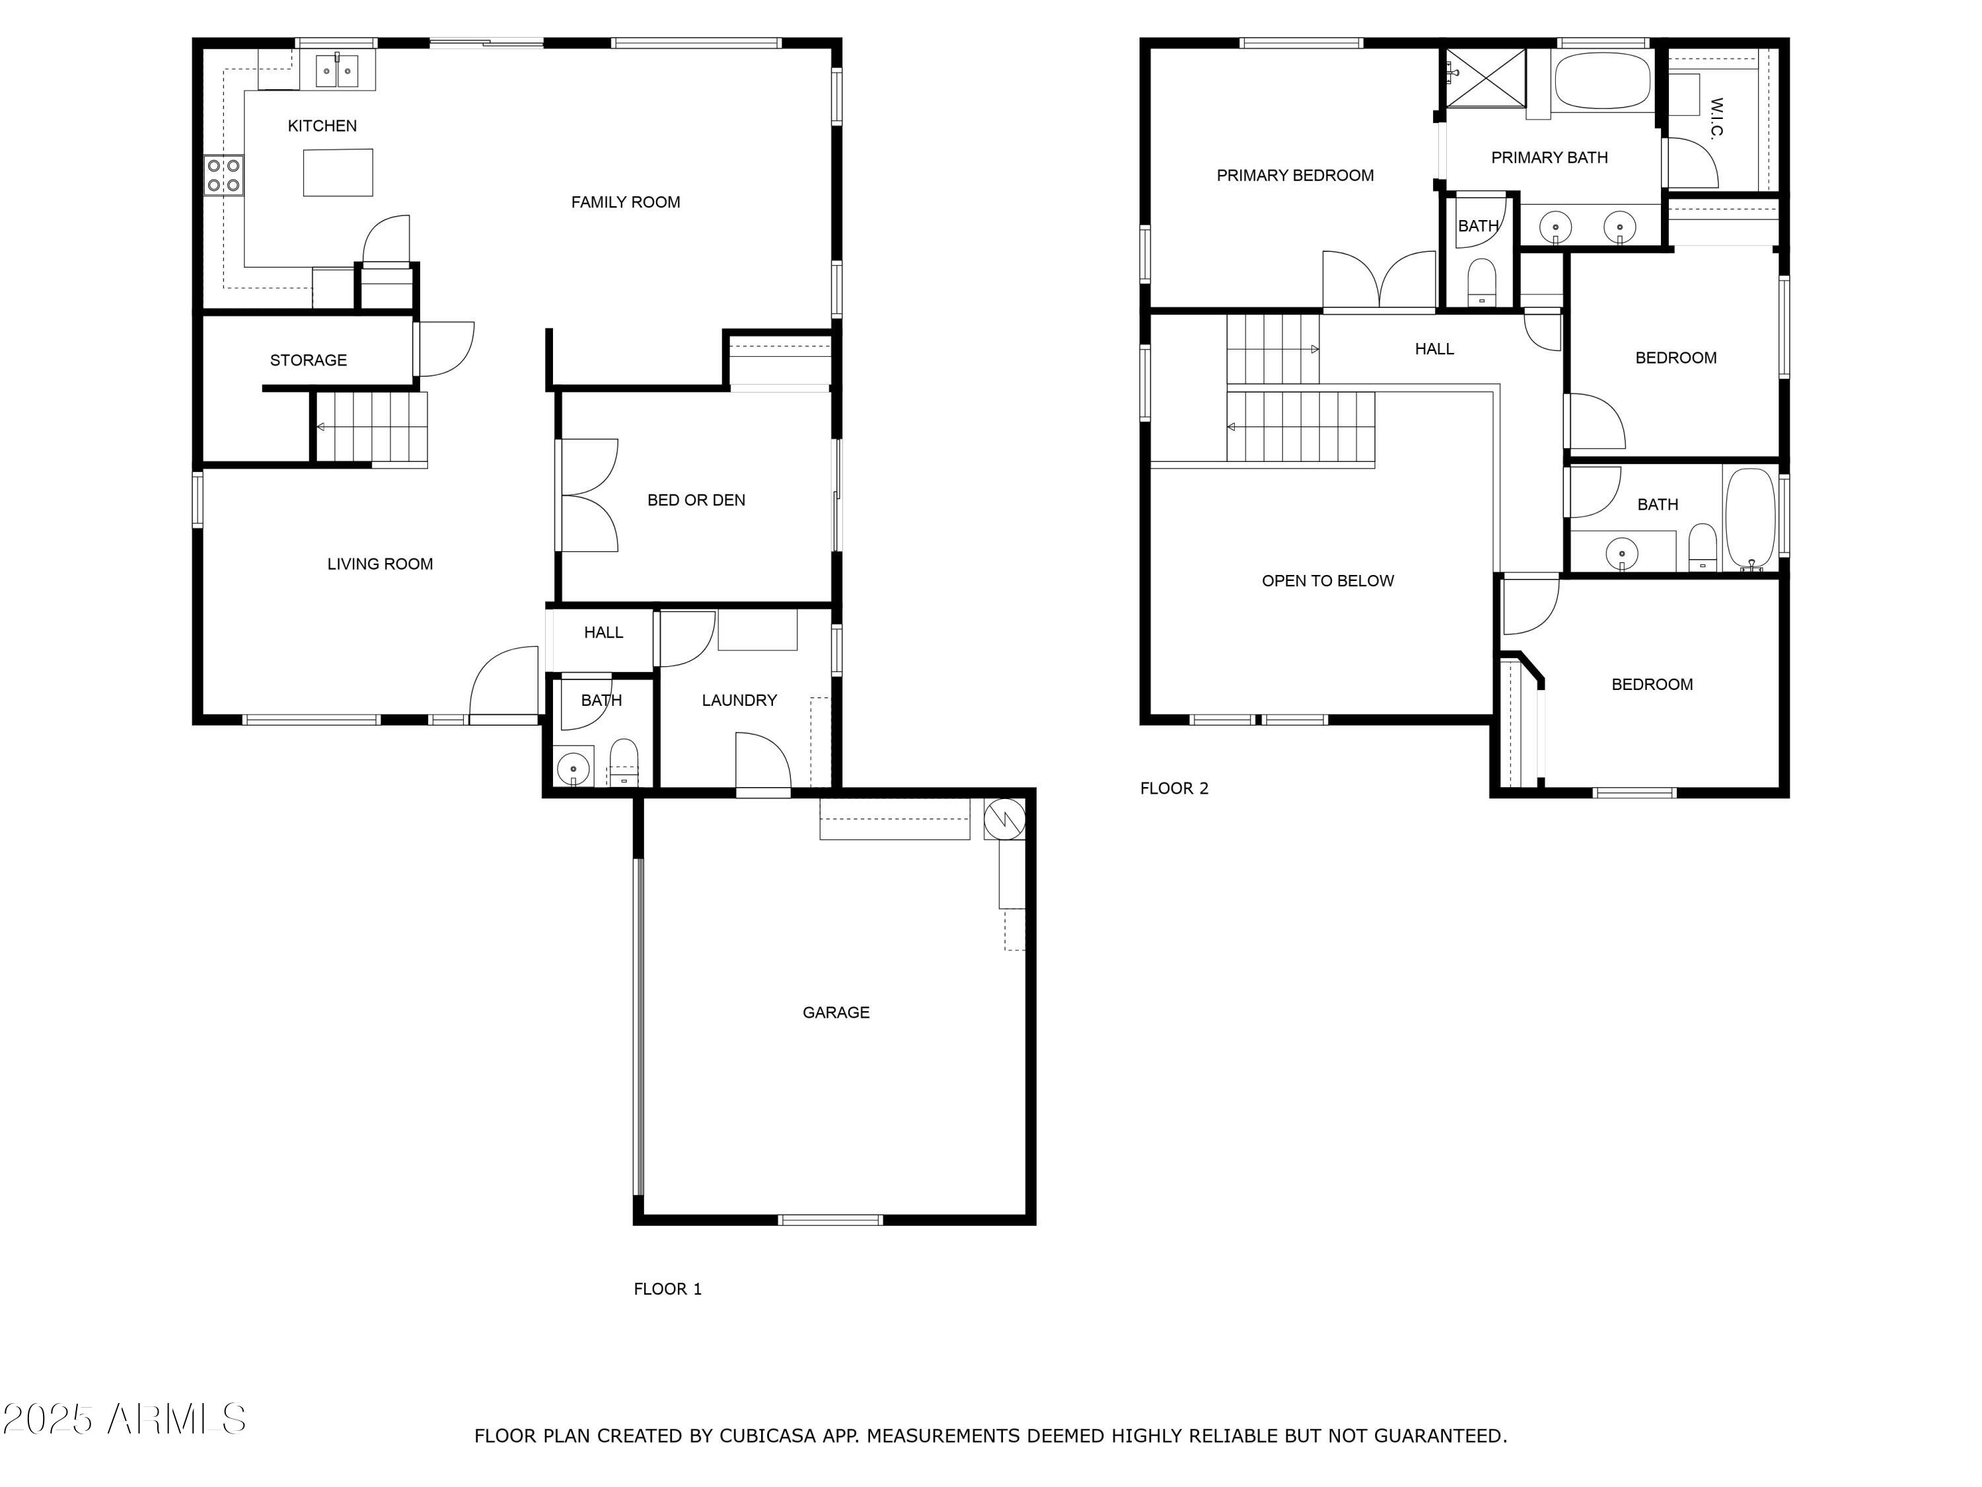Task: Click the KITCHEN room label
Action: [322, 126]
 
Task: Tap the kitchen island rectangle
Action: [338, 172]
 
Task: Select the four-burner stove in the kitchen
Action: [224, 174]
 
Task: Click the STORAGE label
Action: [309, 360]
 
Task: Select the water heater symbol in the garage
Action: [1004, 818]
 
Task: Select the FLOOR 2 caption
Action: [1174, 788]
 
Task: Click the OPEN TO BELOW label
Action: [1327, 581]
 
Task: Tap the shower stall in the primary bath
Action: [1486, 77]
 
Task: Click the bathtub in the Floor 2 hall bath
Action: [1750, 518]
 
